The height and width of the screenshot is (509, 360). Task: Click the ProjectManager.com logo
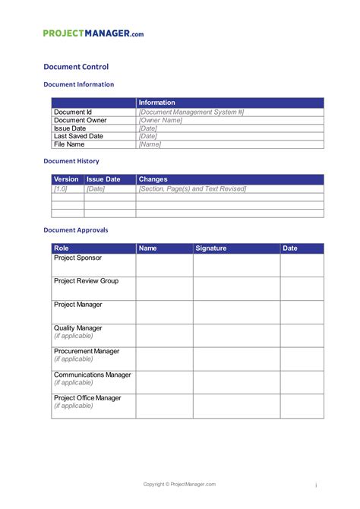93,33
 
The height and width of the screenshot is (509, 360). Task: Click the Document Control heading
76,67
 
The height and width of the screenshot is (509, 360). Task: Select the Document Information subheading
79,84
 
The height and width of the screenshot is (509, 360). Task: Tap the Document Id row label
73,112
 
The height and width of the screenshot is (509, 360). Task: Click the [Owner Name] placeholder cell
161,120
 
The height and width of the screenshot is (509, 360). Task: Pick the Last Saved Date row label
78,136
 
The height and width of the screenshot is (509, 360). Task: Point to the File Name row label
69,144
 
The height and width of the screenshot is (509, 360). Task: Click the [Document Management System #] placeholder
191,112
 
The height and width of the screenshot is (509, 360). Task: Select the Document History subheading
71,161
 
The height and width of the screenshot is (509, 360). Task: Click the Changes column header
153,179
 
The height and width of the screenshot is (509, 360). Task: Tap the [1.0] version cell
61,188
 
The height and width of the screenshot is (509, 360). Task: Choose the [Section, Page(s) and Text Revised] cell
192,188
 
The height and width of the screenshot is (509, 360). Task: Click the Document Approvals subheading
76,229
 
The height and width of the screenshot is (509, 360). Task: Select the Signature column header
211,248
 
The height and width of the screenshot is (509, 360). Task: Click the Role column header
62,248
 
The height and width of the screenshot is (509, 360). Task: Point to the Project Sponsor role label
77,258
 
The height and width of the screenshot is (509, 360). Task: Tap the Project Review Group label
86,281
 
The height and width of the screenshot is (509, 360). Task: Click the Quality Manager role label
78,328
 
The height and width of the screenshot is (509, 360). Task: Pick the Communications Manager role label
93,375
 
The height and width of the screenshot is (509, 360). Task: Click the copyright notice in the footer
180,484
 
